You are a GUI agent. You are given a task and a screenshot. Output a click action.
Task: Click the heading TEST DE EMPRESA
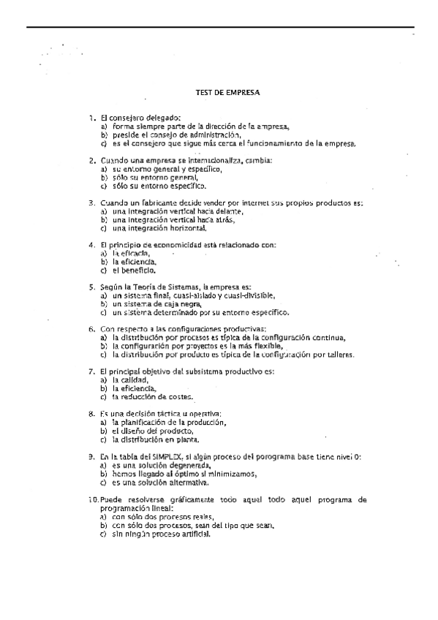[227, 93]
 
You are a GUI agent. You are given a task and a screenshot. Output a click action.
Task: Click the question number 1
[91, 118]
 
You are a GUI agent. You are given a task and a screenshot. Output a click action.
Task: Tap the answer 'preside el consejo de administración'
[175, 135]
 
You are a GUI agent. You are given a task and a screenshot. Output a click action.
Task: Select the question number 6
[91, 329]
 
